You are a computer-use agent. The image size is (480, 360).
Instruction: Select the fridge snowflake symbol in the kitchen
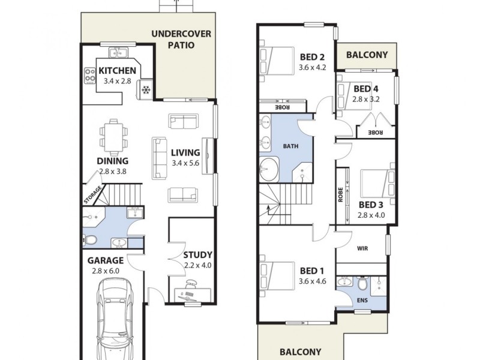coord(146,91)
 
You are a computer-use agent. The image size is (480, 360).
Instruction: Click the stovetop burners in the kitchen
coord(90,76)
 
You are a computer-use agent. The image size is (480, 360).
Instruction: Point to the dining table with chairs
coord(113,137)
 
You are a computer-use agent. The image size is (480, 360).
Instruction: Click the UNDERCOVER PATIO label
coord(181,39)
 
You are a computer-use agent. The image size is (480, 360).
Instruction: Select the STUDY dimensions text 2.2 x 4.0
coord(197,265)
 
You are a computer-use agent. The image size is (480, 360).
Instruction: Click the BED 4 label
coord(365,89)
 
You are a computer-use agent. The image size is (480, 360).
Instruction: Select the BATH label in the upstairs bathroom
coord(290,146)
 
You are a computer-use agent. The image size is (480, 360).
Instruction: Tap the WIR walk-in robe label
coord(362,248)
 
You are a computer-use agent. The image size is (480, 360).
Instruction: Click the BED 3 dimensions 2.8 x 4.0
coord(371,214)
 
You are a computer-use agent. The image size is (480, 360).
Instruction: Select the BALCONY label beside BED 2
coord(367,55)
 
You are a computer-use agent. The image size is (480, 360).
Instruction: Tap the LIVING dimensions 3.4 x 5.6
coord(185,163)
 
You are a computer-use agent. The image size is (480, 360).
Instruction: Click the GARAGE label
coord(106,260)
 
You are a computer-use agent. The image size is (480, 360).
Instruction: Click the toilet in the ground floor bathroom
coord(90,240)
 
